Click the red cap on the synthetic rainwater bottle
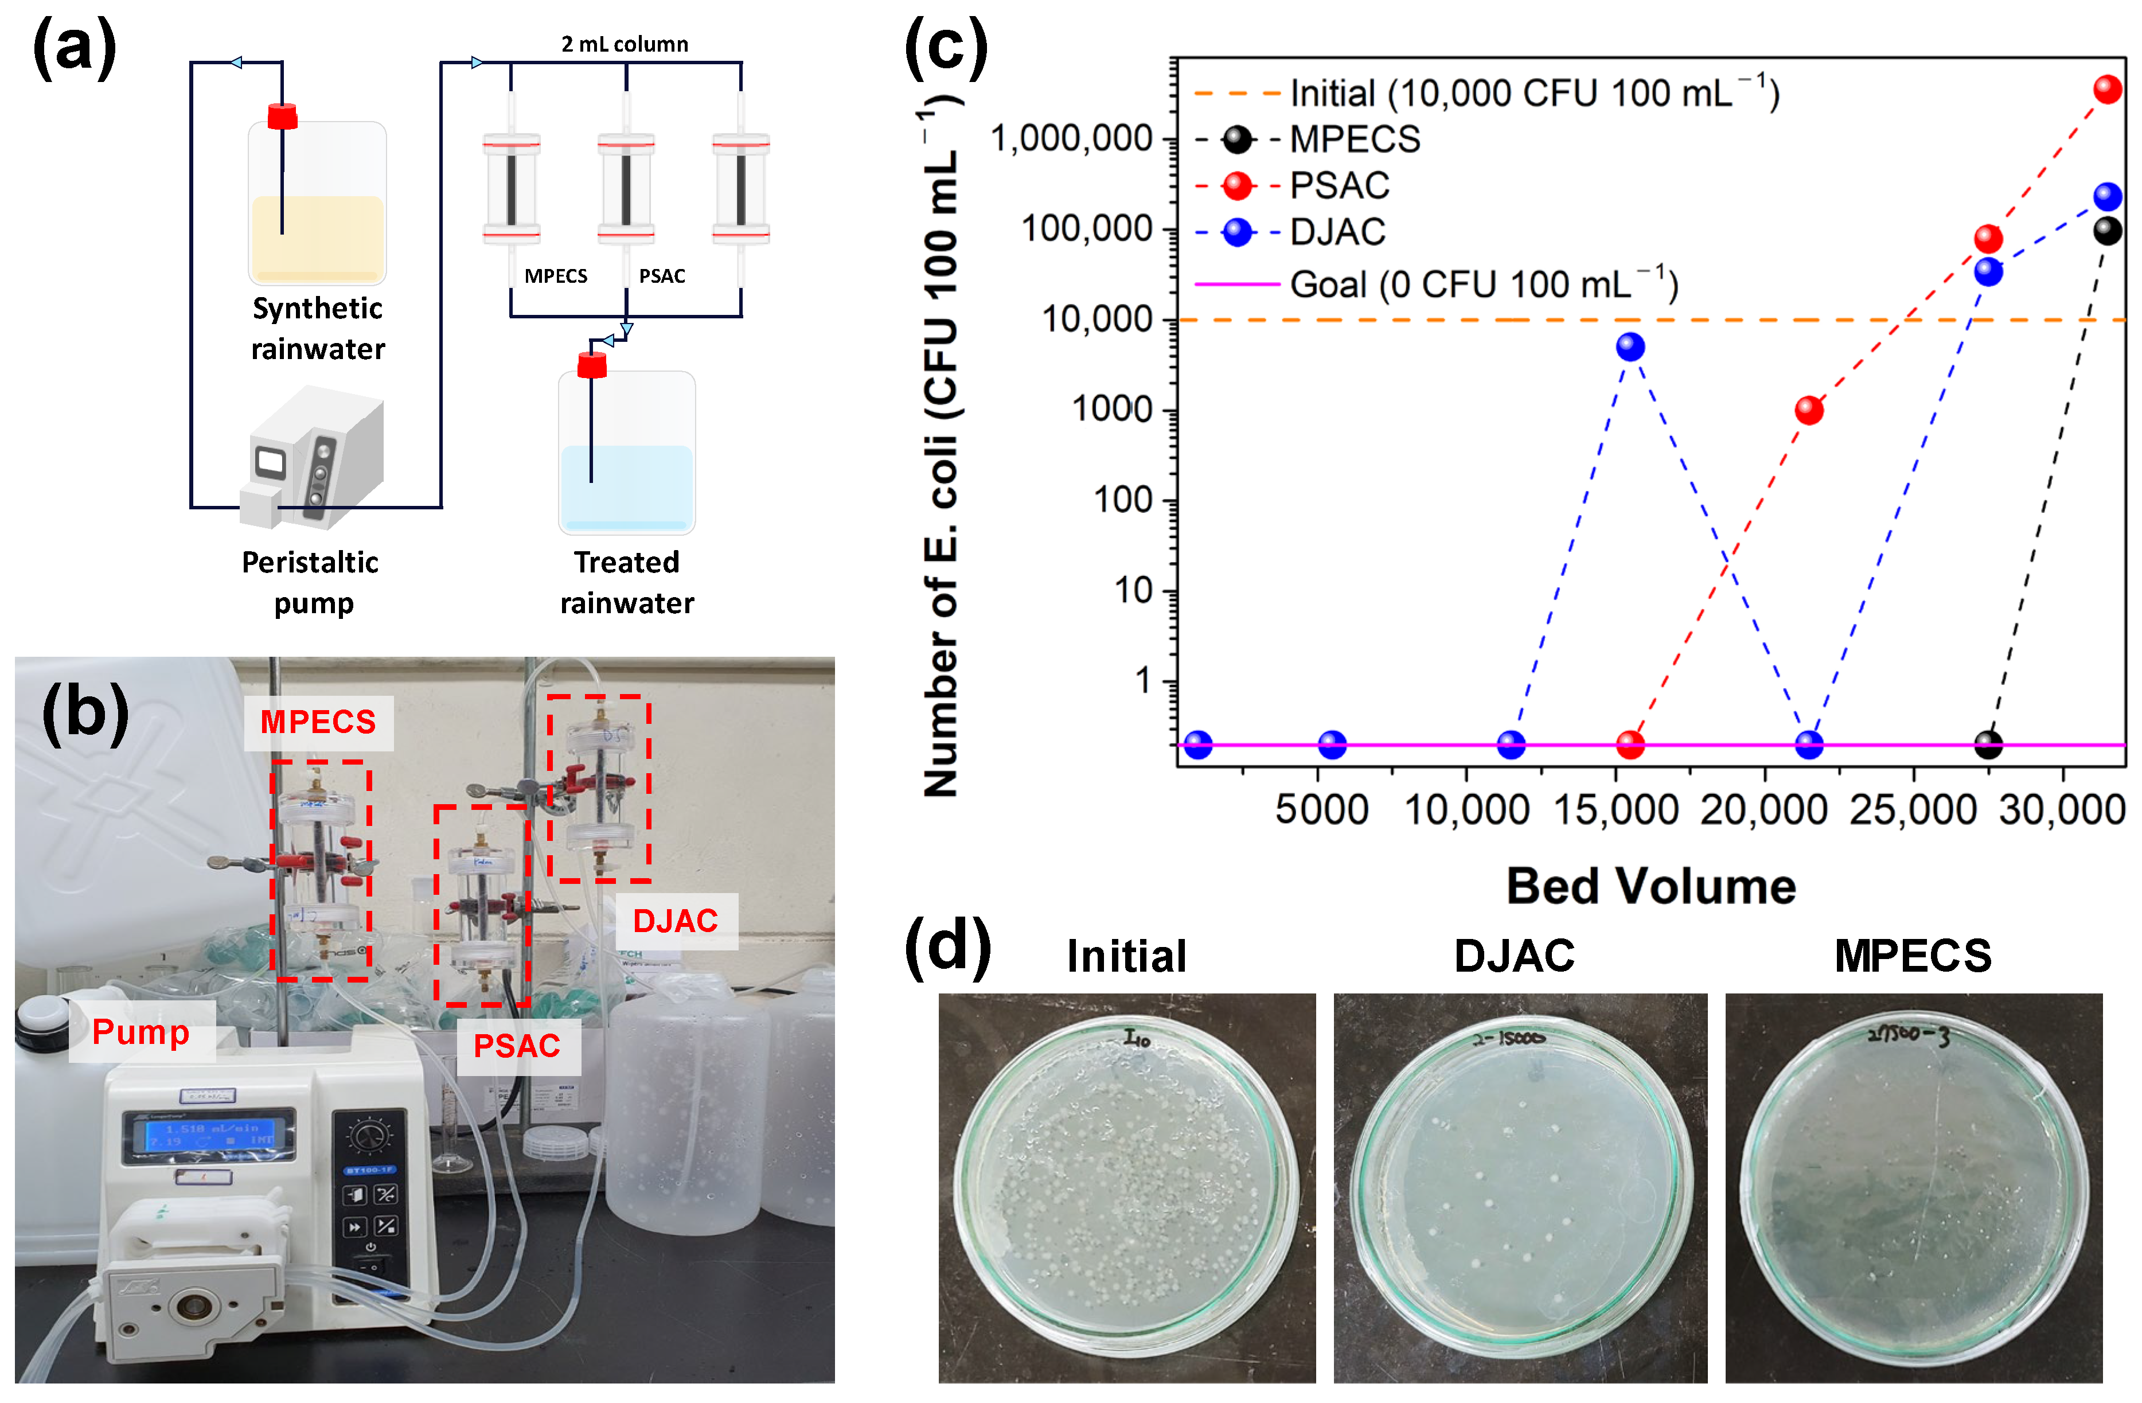(283, 117)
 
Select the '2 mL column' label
(625, 44)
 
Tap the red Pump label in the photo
(141, 1032)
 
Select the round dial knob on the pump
(369, 1137)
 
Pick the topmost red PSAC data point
(2108, 89)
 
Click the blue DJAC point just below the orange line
(1630, 346)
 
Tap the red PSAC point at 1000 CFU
(1809, 410)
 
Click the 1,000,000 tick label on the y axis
(1071, 139)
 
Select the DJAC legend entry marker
(1238, 232)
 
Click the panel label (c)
(946, 47)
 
